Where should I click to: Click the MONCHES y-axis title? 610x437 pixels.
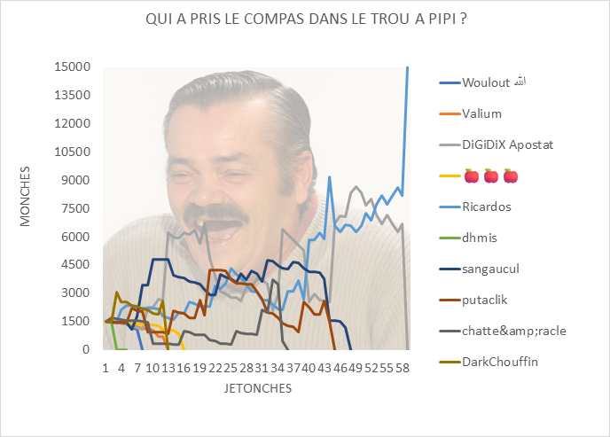tap(26, 195)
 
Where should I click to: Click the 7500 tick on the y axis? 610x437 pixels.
tap(76, 208)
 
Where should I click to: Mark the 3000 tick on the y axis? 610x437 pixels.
tap(76, 293)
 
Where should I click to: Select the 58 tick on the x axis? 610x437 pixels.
tap(403, 367)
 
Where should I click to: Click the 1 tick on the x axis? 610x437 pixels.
tap(106, 367)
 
